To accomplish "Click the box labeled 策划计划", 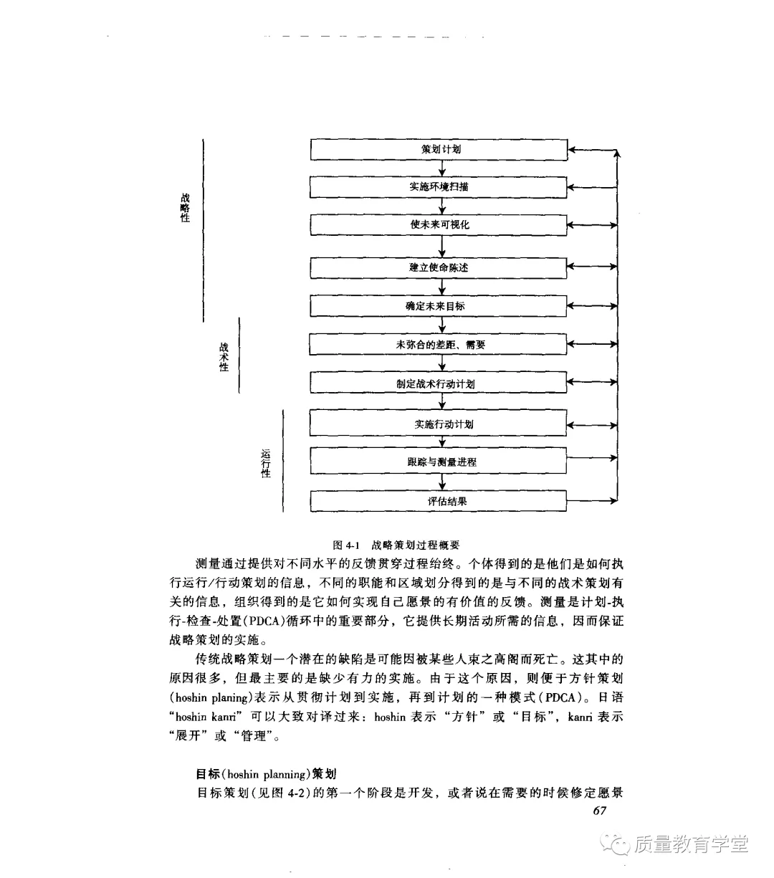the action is click(x=439, y=150).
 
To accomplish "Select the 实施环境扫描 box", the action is click(x=439, y=187).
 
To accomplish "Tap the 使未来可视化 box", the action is click(x=439, y=225).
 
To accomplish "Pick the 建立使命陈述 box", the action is click(x=439, y=268).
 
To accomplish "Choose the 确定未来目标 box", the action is click(x=439, y=307).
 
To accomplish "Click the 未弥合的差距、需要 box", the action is click(x=439, y=345).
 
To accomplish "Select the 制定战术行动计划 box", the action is click(x=439, y=383).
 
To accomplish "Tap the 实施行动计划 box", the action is click(x=439, y=424).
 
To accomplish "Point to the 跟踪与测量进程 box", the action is click(x=439, y=462).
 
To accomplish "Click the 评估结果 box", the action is click(x=439, y=501).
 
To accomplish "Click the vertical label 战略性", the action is click(x=185, y=208).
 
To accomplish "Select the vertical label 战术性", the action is click(x=224, y=357).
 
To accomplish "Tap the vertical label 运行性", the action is click(x=266, y=463).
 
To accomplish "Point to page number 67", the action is click(x=600, y=811).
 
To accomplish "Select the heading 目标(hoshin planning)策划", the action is click(x=266, y=774).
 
